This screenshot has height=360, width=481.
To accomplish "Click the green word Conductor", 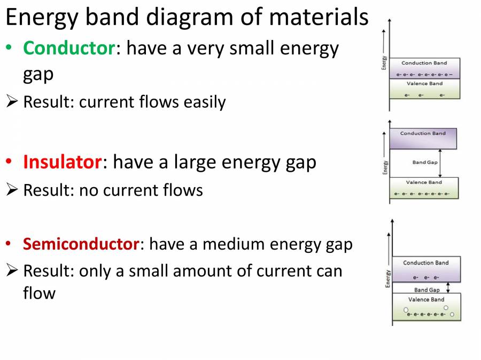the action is pyautogui.click(x=69, y=48).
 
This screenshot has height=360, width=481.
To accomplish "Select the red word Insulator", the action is pyautogui.click(x=63, y=162).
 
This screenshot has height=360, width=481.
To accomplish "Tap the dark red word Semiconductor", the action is pyautogui.click(x=81, y=244).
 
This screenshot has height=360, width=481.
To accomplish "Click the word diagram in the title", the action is pyautogui.click(x=189, y=17).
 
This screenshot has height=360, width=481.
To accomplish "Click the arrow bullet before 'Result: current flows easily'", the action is pyautogui.click(x=12, y=101).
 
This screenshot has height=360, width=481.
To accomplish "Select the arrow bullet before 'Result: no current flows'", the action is pyautogui.click(x=12, y=189).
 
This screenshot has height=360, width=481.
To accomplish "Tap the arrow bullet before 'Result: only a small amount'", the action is pyautogui.click(x=12, y=270).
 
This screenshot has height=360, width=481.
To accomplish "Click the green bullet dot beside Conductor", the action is pyautogui.click(x=9, y=47).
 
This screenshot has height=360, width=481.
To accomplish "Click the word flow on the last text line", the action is pyautogui.click(x=39, y=293).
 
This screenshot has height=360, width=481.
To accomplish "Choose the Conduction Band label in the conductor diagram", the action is pyautogui.click(x=424, y=63).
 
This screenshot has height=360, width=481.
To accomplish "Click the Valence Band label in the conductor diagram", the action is pyautogui.click(x=425, y=84).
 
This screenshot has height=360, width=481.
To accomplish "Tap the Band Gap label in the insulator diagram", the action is pyautogui.click(x=425, y=162).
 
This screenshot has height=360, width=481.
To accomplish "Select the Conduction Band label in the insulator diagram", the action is pyautogui.click(x=423, y=133).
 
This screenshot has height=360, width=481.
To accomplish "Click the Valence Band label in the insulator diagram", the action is pyautogui.click(x=424, y=182).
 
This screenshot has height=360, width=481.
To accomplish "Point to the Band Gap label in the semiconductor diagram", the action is pyautogui.click(x=426, y=290).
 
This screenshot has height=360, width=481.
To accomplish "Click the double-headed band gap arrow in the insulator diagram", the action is pyautogui.click(x=440, y=163).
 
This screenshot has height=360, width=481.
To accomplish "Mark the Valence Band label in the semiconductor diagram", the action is pyautogui.click(x=426, y=299).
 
